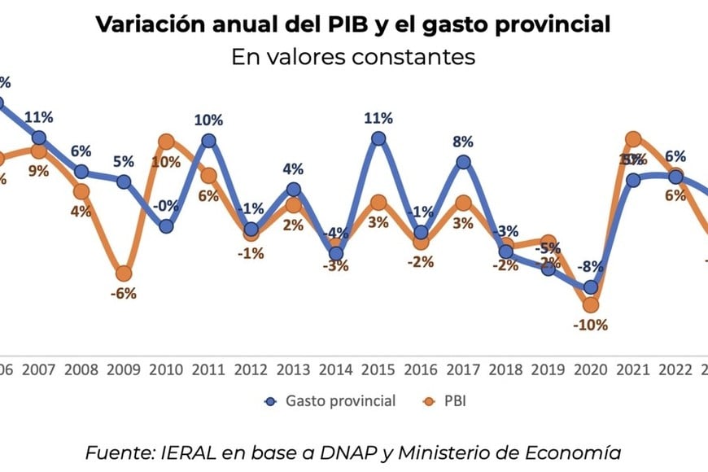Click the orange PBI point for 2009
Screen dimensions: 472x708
124,274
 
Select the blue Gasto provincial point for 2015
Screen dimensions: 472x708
378,138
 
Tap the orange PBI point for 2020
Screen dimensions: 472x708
590,305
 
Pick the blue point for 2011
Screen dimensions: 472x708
208,140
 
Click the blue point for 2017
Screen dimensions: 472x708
463,162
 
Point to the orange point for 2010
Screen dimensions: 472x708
166,142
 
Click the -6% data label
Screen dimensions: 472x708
124,295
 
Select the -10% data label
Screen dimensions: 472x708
590,326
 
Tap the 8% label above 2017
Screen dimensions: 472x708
463,142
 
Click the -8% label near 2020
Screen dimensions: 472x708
590,267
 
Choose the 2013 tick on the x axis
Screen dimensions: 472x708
293,369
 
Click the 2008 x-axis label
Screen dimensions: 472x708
81,369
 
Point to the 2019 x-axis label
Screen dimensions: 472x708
548,369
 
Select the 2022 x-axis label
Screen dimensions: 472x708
675,369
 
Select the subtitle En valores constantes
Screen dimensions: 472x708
353,58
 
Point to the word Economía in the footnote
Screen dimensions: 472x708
582,453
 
